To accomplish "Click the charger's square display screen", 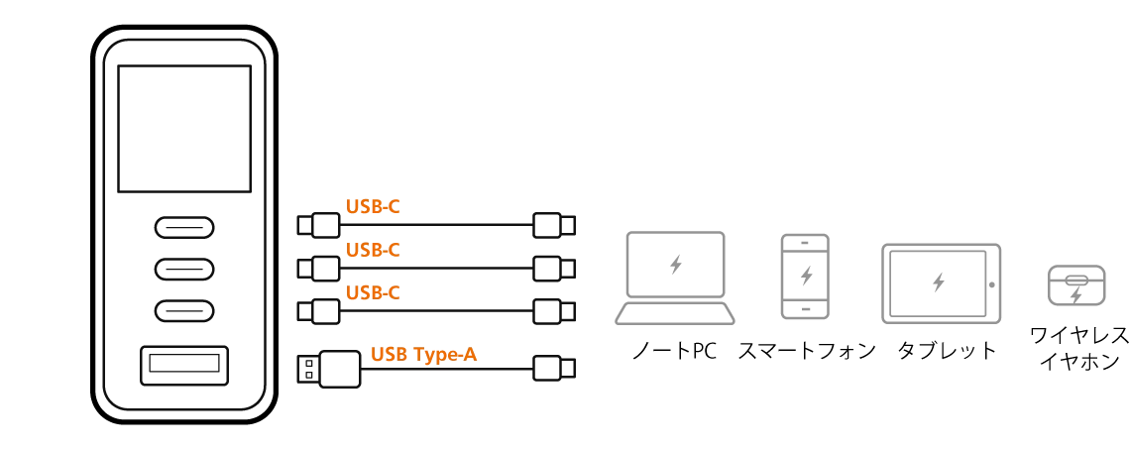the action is (184, 129).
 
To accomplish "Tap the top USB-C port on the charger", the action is (184, 227).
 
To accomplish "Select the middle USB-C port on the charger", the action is (184, 269).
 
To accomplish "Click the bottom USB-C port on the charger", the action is (184, 311).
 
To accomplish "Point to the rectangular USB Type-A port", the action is (184, 368).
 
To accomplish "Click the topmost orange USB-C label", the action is (373, 207).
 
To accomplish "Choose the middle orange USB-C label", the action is (373, 250).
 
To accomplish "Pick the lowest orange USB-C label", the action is (373, 293).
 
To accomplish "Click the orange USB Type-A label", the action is (424, 354).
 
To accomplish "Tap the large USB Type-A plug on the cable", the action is (329, 369).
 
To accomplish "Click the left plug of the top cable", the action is (318, 225).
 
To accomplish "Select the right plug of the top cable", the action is (554, 225).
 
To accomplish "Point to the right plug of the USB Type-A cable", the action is (554, 368).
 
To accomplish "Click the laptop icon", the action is (675, 278).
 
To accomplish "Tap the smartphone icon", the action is (806, 277).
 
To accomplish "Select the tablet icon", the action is (942, 283).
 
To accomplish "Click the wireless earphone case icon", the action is (1075, 285).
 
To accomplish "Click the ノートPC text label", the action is (675, 351).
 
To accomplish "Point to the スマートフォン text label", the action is (807, 351).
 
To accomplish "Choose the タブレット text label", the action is (947, 351).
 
